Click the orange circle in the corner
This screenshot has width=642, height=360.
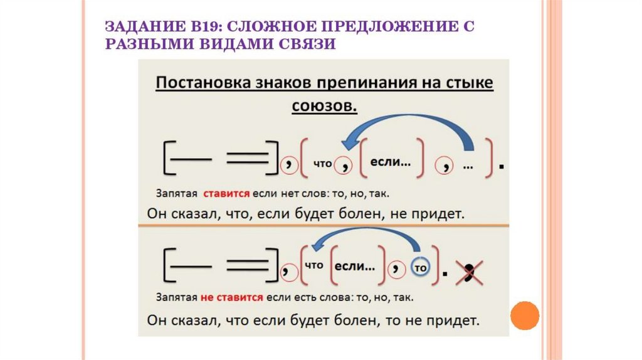pyautogui.click(x=525, y=315)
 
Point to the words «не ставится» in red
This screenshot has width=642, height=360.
pyautogui.click(x=232, y=297)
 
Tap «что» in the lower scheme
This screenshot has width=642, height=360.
pyautogui.click(x=313, y=265)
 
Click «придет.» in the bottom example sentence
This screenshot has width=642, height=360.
pyautogui.click(x=453, y=321)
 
